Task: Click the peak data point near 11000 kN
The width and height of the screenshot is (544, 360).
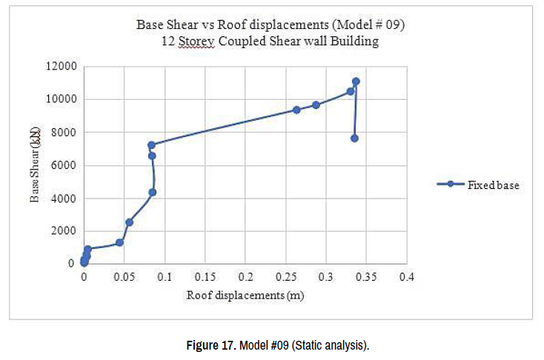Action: tap(356, 81)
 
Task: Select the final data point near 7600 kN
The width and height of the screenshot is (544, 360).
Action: tap(354, 139)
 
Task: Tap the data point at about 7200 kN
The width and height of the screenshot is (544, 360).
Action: tap(151, 145)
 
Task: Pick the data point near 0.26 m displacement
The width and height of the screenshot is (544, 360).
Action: tap(296, 110)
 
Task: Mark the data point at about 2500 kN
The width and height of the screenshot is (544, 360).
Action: tap(129, 222)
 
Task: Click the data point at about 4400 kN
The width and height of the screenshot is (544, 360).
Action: tap(152, 192)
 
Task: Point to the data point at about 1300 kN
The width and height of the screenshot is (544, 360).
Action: tap(119, 242)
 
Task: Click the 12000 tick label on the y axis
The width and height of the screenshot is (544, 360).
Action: tap(63, 66)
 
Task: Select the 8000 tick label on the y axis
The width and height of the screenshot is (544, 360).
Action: tap(65, 132)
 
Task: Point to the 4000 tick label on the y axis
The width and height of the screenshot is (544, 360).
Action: tap(65, 198)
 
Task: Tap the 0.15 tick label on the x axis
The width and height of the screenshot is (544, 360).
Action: tap(205, 277)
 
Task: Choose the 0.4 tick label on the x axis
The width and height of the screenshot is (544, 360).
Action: tap(406, 277)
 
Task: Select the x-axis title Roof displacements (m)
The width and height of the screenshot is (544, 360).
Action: tap(245, 295)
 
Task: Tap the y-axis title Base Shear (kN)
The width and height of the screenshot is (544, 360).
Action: tap(34, 164)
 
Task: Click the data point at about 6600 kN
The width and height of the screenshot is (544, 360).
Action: tap(152, 156)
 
